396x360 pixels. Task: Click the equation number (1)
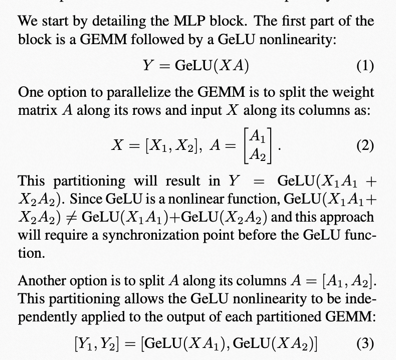364,66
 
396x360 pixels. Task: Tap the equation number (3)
364,344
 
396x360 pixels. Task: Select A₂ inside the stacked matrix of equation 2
257,155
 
